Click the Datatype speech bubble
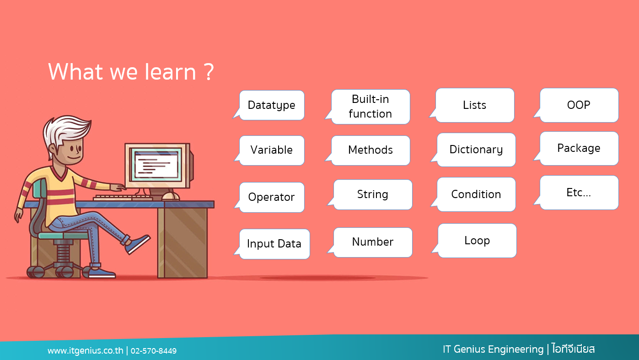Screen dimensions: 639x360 tap(272, 105)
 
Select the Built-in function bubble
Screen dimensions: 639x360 tap(371, 107)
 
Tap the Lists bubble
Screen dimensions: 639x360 tap(475, 105)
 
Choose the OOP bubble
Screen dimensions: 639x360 tap(579, 105)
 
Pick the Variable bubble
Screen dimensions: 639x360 tap(272, 150)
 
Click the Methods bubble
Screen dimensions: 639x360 tap(371, 150)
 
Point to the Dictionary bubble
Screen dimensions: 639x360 tap(476, 150)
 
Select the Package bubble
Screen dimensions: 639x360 tap(579, 148)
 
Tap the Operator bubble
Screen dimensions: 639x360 tap(272, 197)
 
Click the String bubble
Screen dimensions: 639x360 tap(373, 194)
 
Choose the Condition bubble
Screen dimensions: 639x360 tap(476, 194)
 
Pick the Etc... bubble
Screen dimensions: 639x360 tap(579, 193)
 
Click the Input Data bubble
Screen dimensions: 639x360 tap(274, 244)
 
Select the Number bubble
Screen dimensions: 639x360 tap(373, 242)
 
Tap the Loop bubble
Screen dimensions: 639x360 tap(477, 241)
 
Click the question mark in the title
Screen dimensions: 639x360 tap(209, 72)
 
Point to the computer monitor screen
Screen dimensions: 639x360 tap(156, 164)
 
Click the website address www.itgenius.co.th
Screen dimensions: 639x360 tap(85, 350)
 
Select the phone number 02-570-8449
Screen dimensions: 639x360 tap(154, 350)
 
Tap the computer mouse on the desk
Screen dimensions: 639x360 tap(170, 196)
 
